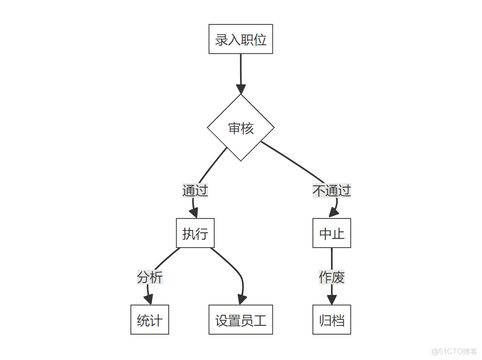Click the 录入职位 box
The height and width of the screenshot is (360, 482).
tap(241, 39)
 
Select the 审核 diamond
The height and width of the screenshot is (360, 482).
tap(241, 128)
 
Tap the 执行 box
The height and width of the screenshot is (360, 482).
tap(195, 233)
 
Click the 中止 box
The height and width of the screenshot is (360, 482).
tap(332, 233)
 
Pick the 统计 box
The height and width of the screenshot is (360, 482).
tap(149, 320)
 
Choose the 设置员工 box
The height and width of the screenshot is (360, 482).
tap(241, 320)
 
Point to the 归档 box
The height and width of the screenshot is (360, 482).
tap(332, 320)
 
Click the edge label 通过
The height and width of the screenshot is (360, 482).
tap(195, 190)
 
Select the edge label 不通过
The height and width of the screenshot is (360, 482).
tap(332, 190)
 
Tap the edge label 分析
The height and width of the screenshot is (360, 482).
tap(150, 277)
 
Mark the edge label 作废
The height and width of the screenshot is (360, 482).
tap(332, 277)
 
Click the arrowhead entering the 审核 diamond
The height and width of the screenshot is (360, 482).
tap(241, 89)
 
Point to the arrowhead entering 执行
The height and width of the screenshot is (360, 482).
tap(194, 213)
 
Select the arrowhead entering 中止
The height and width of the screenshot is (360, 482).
tap(334, 212)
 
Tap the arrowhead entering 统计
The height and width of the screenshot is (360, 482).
tap(148, 300)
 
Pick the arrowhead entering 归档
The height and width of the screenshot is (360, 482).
tap(332, 300)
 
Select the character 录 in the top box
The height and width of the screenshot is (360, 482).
tap(221, 40)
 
